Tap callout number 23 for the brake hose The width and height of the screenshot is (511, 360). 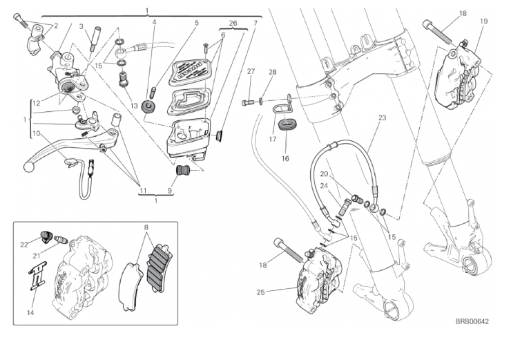pyautogui.click(x=382, y=118)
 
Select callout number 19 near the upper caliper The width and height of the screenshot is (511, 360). pyautogui.click(x=483, y=21)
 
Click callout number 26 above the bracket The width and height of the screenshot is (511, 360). pyautogui.click(x=233, y=23)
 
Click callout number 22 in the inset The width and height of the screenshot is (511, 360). pyautogui.click(x=23, y=244)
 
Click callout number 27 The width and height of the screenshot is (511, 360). pyautogui.click(x=251, y=72)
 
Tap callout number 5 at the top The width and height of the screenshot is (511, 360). pyautogui.click(x=196, y=23)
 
